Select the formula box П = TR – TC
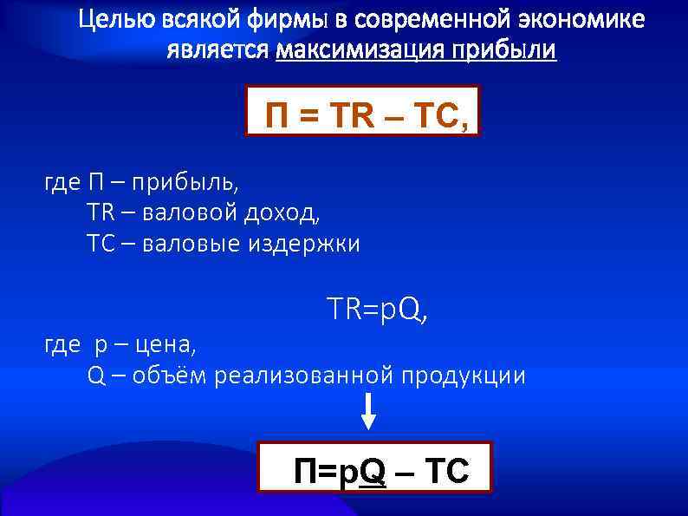(362, 112)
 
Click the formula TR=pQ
(377, 308)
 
